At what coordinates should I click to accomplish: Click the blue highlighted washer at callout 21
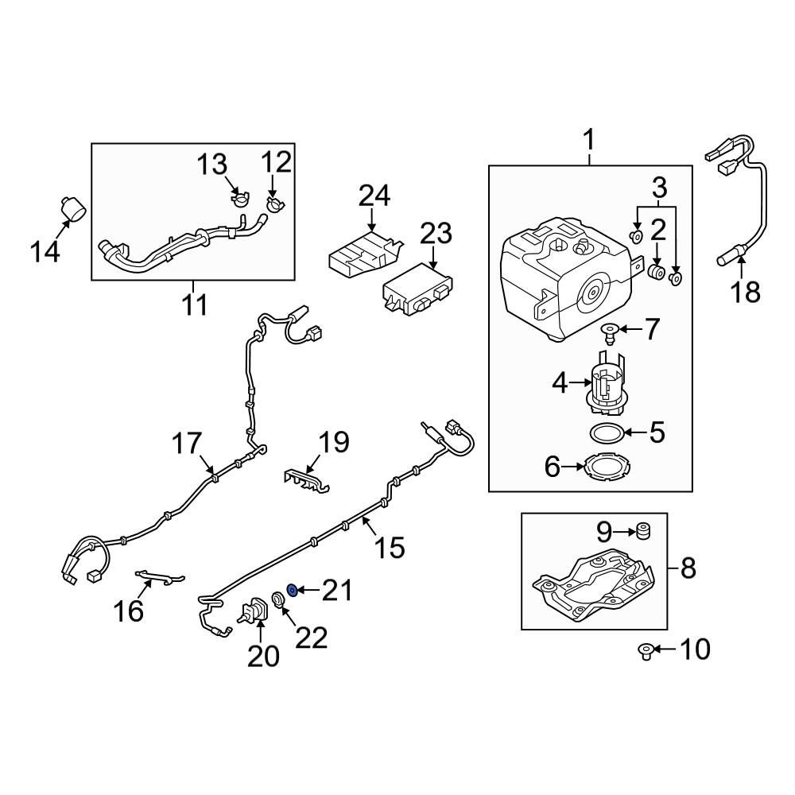(x=292, y=590)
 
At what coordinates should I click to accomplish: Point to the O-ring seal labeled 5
(x=608, y=433)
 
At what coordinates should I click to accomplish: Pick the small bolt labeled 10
(x=646, y=652)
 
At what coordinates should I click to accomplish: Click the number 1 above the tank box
(x=589, y=142)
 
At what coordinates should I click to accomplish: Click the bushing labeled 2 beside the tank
(x=657, y=273)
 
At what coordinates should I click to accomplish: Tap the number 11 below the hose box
(x=194, y=304)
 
